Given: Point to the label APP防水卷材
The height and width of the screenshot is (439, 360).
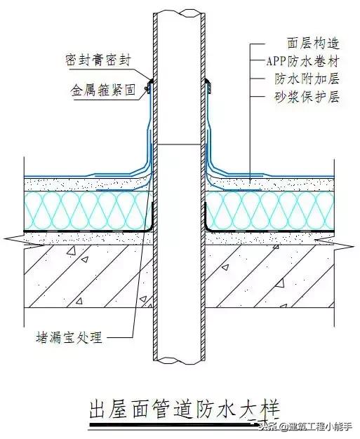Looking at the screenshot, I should click(302, 60).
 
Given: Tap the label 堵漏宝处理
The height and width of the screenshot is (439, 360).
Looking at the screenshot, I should click(69, 339).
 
